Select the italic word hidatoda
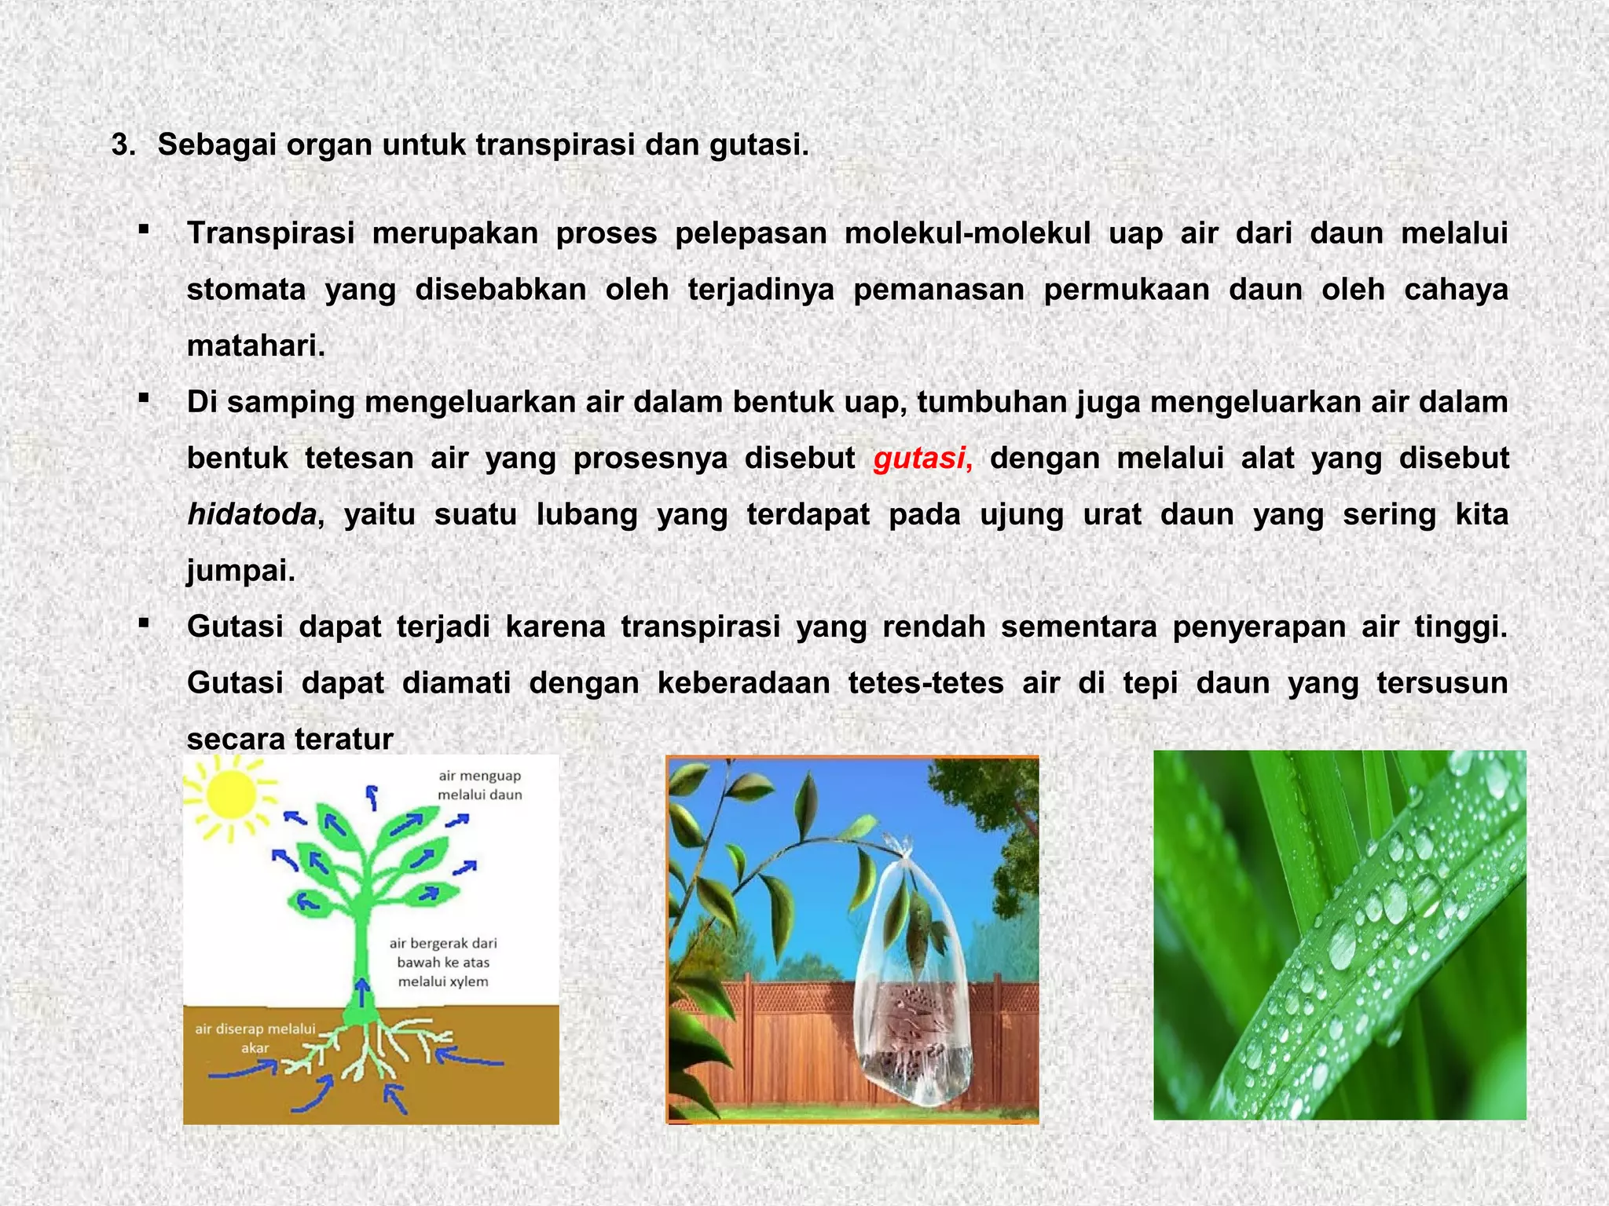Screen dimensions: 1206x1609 pos(252,514)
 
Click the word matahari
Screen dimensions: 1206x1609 pos(255,345)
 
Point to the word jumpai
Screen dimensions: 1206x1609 pos(240,571)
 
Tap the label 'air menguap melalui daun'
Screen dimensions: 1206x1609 pos(479,785)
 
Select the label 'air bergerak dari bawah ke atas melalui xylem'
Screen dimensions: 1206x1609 pos(443,962)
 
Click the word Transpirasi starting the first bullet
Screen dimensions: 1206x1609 pos(270,233)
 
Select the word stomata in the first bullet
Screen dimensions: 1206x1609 pos(246,290)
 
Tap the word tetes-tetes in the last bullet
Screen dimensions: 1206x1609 pos(925,683)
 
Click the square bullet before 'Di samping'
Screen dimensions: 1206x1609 pos(143,398)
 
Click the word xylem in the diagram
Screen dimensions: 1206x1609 pos(468,981)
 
